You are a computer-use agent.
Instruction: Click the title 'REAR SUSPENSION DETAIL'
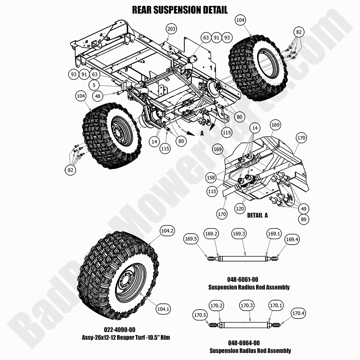[180, 10]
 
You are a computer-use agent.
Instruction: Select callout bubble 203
[172, 29]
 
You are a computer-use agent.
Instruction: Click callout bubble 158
[211, 178]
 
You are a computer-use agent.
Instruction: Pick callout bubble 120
[240, 209]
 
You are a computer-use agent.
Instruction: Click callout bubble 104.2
[167, 231]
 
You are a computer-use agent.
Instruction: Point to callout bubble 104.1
[163, 309]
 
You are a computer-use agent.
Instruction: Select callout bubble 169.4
[292, 240]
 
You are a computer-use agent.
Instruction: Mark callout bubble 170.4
[298, 313]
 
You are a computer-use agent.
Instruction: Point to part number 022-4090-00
[125, 330]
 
